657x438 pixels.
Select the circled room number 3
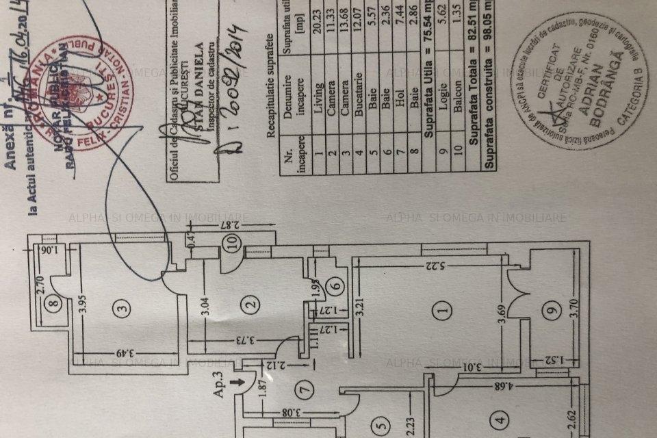click(x=123, y=309)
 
